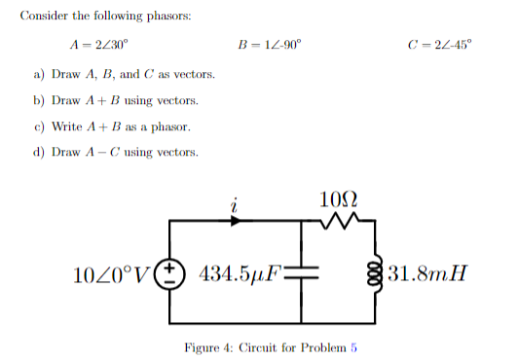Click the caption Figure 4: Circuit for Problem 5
272,347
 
